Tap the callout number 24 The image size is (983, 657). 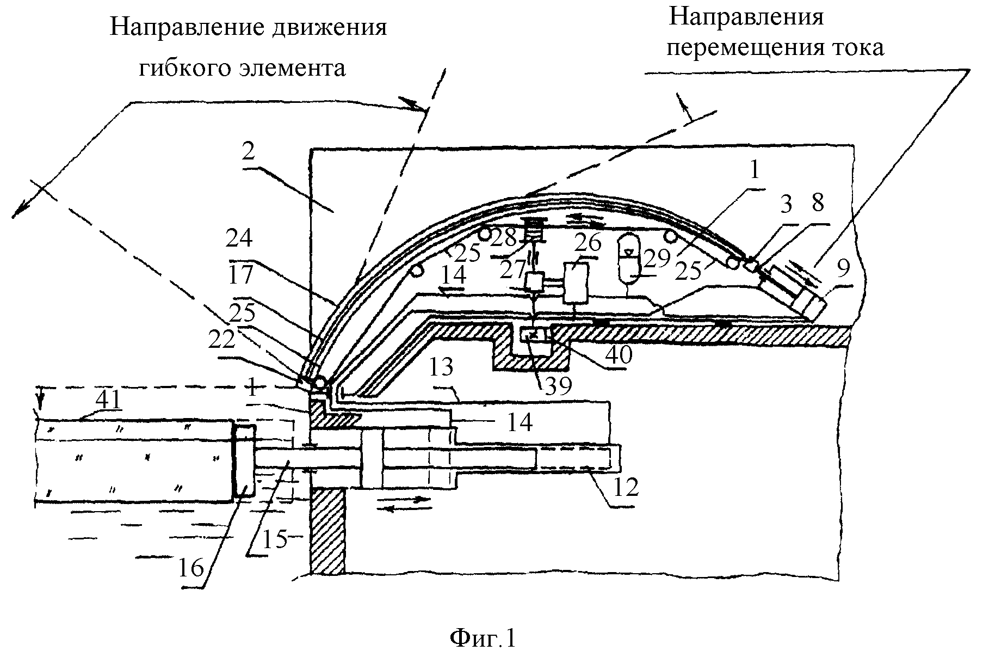[241, 240]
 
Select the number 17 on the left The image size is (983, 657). [241, 274]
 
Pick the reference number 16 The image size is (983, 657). [190, 567]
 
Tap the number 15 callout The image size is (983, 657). [275, 538]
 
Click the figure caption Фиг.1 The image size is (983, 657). [483, 638]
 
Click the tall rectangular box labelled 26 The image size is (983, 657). [576, 283]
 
